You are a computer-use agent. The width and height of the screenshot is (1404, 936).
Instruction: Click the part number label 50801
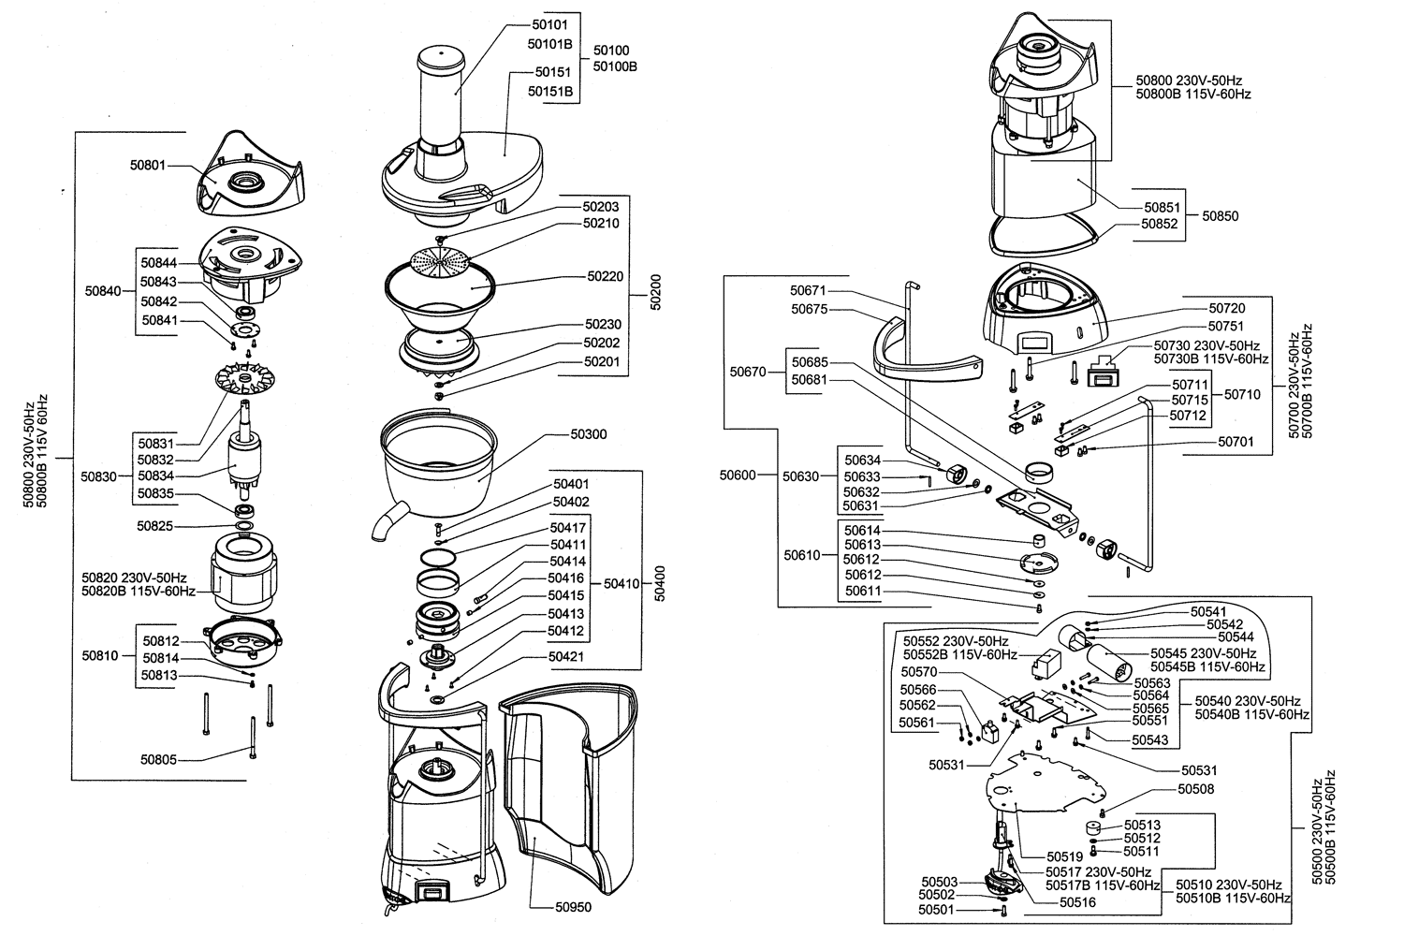click(x=148, y=165)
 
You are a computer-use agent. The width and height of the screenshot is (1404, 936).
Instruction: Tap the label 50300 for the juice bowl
click(x=589, y=433)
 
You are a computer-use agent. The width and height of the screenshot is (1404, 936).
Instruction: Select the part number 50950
click(x=573, y=907)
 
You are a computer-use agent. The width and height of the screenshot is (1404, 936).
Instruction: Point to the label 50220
click(x=606, y=276)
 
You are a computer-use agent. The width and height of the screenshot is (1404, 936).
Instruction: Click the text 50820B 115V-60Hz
click(x=139, y=592)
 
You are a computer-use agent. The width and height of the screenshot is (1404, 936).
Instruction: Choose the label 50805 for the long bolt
click(x=158, y=759)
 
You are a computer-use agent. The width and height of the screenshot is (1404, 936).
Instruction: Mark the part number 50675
click(x=810, y=309)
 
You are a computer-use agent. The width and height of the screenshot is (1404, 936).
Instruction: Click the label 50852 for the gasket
click(x=1160, y=223)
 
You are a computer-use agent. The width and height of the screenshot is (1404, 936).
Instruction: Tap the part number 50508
click(x=1196, y=789)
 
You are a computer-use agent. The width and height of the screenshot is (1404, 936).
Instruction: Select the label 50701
click(x=1236, y=442)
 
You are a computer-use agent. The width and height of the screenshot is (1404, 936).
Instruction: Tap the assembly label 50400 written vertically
click(x=659, y=584)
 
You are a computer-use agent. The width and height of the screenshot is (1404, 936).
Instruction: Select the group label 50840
click(x=103, y=291)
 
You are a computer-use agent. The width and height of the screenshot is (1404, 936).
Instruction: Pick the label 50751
click(x=1226, y=326)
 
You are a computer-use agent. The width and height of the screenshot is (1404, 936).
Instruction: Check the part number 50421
click(x=566, y=656)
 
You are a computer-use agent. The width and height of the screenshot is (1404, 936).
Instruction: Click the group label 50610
click(x=801, y=555)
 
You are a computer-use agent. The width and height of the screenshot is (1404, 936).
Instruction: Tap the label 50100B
click(x=615, y=66)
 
